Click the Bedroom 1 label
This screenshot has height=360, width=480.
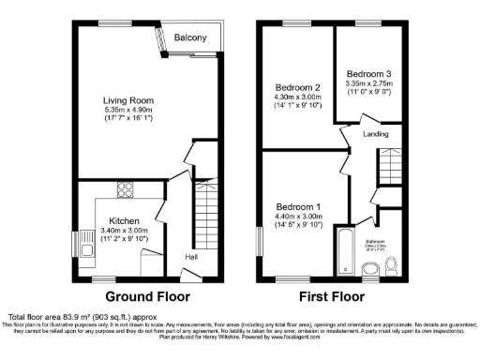(x=298, y=206)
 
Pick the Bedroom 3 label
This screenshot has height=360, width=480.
(x=368, y=73)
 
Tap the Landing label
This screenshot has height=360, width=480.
(x=376, y=134)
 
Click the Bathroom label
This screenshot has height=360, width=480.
(x=379, y=241)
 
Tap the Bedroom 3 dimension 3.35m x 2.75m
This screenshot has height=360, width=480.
(x=368, y=83)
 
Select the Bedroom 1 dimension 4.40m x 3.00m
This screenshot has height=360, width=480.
(x=298, y=217)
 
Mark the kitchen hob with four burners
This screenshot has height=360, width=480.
(x=124, y=189)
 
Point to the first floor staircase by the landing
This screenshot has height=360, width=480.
(x=387, y=171)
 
